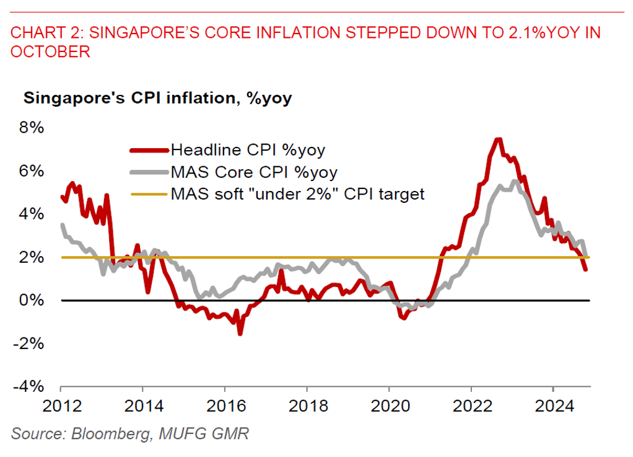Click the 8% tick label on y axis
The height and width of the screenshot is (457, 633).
[32, 128]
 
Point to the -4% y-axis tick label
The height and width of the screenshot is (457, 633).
[29, 386]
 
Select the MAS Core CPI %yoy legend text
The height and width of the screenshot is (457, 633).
[255, 172]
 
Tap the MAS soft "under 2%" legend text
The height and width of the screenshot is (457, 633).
[297, 194]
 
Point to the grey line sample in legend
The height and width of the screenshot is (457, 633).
[149, 172]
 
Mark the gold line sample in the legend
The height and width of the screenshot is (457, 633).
[149, 194]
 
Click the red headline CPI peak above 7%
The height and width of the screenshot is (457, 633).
[498, 140]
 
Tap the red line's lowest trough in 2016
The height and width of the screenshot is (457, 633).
[240, 333]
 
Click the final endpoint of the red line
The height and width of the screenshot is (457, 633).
[585, 268]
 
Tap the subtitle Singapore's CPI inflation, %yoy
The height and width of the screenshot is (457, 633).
[157, 98]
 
